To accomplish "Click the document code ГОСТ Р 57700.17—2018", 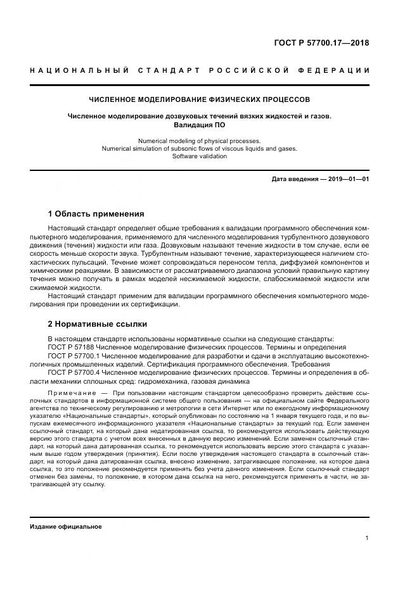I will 321,44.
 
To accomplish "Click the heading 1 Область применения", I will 96,214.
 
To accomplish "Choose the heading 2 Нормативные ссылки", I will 97,324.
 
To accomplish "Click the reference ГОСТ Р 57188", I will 72,348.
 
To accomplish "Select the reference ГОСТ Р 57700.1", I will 74,356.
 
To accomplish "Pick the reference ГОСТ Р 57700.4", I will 74,374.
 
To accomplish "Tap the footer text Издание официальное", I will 65,527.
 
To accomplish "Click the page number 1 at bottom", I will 367,539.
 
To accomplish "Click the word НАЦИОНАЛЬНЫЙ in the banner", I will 80,70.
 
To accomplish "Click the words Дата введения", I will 294,179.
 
